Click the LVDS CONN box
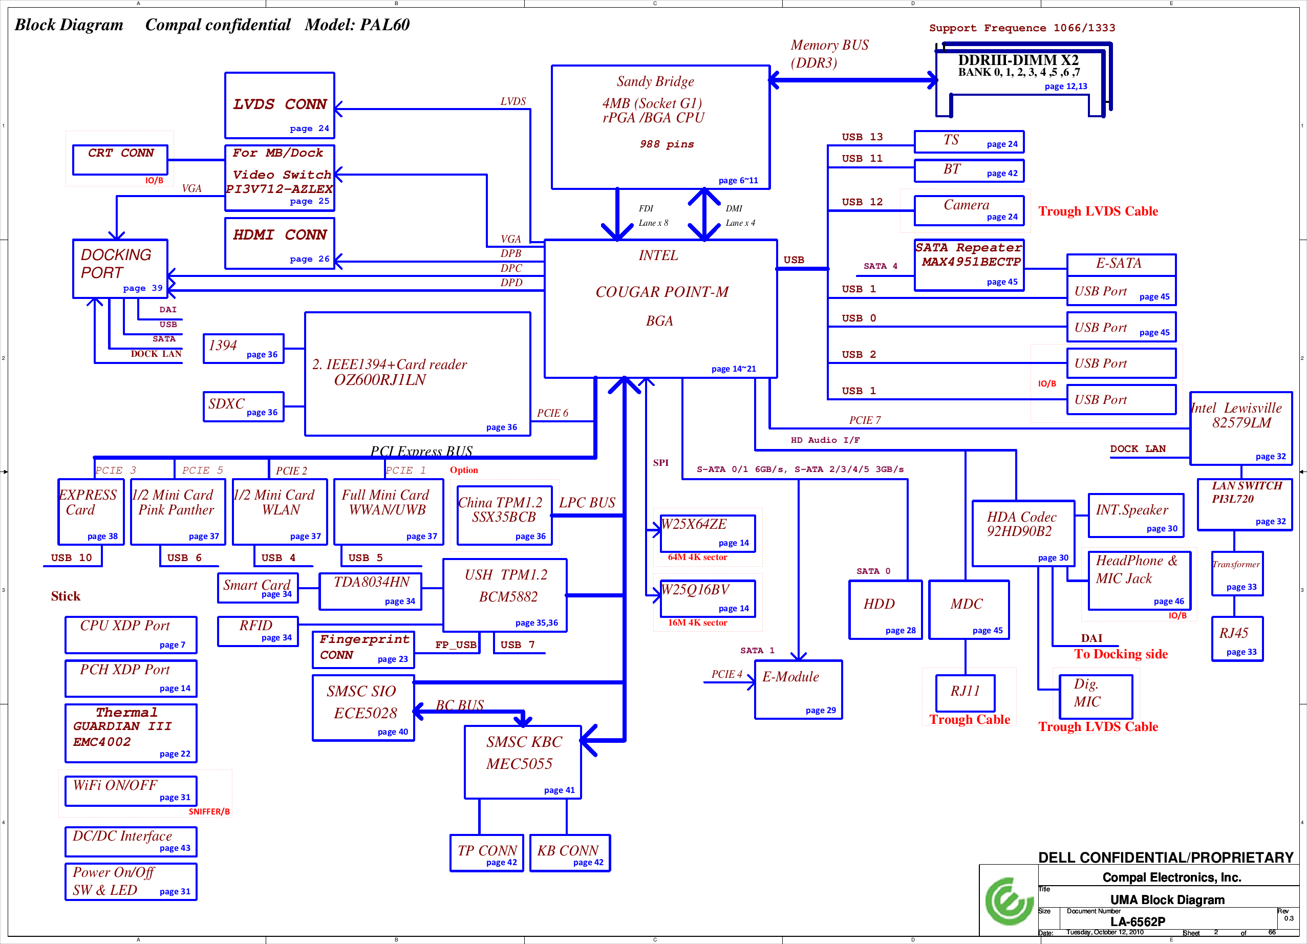pos(280,105)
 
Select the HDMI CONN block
pos(280,243)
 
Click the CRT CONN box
pos(120,160)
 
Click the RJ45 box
pos(1237,638)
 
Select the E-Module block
pos(798,689)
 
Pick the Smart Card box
pos(258,588)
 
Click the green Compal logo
pos(1009,902)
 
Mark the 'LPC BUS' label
pos(587,503)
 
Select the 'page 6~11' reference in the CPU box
pos(738,180)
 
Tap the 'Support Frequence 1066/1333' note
pos(1022,28)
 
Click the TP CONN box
pos(486,853)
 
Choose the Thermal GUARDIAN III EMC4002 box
pos(131,733)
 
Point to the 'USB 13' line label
pos(862,137)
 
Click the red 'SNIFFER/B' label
pos(208,811)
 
